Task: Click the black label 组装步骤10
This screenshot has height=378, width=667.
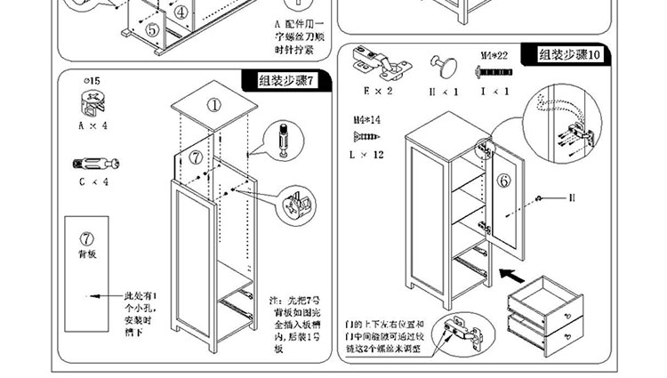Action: tap(570, 55)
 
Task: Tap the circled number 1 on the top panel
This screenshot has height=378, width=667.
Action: tap(214, 104)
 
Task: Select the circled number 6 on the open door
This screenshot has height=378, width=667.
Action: tap(503, 181)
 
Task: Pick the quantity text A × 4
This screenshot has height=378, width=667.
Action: tap(92, 126)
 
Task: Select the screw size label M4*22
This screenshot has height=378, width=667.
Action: tap(494, 55)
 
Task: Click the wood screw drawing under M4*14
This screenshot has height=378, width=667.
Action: tap(366, 136)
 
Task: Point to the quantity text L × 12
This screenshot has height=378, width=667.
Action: tap(366, 155)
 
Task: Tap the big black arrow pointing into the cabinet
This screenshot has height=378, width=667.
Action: tap(512, 265)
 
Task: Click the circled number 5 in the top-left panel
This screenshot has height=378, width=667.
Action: tap(152, 29)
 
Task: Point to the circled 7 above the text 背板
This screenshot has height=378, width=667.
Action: tap(87, 238)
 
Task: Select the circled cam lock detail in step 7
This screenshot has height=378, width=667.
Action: tap(297, 205)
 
